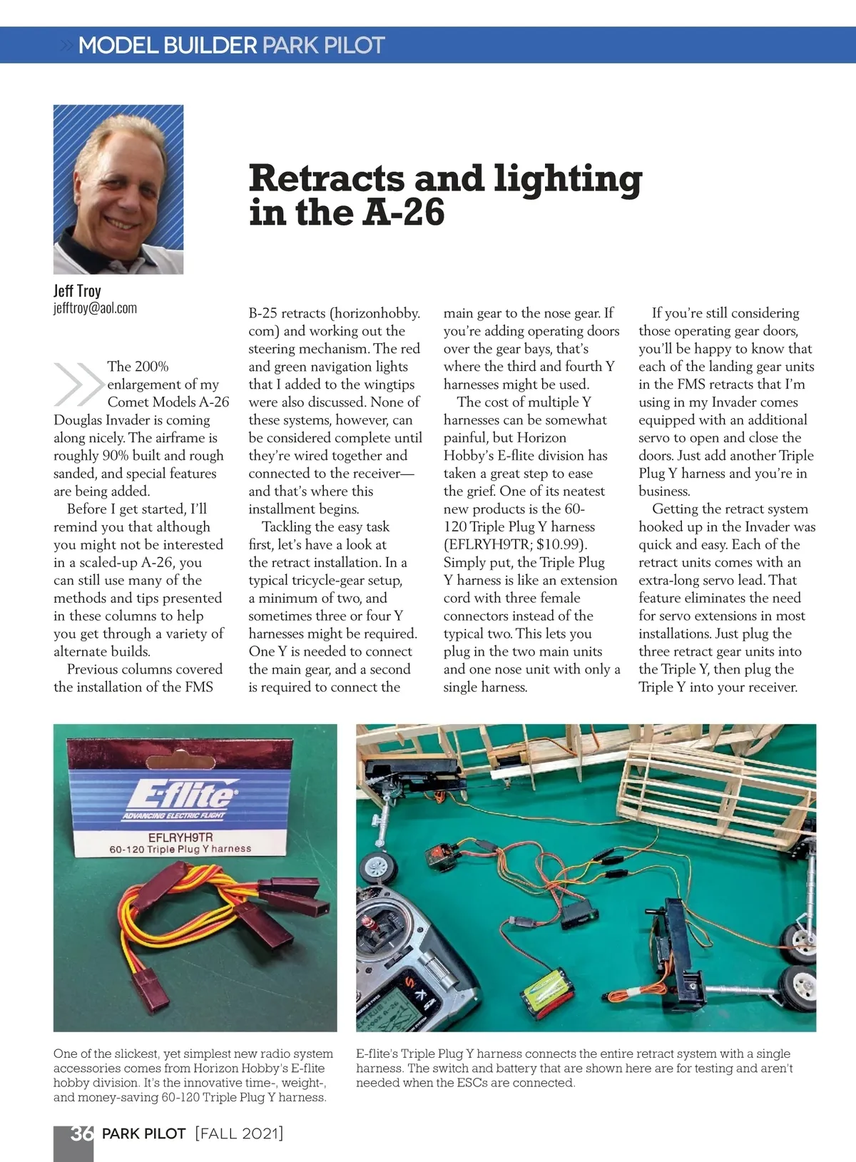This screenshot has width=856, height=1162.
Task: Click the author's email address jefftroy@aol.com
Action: [95, 308]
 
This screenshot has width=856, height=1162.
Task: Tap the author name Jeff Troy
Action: [77, 290]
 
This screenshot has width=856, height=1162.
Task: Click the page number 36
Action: [81, 1133]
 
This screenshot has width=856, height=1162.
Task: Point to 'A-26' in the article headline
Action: [404, 213]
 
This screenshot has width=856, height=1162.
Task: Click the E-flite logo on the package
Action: [180, 793]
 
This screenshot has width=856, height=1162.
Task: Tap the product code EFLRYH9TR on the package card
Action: [180, 837]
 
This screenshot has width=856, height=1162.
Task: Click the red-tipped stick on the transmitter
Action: [370, 927]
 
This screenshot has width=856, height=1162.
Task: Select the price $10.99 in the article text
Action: [560, 544]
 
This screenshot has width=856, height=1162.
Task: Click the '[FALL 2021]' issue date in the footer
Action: [239, 1133]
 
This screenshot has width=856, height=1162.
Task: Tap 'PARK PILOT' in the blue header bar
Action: [323, 46]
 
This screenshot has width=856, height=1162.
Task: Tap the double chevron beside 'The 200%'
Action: [78, 384]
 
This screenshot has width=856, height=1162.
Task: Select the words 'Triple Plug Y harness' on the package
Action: [200, 849]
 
